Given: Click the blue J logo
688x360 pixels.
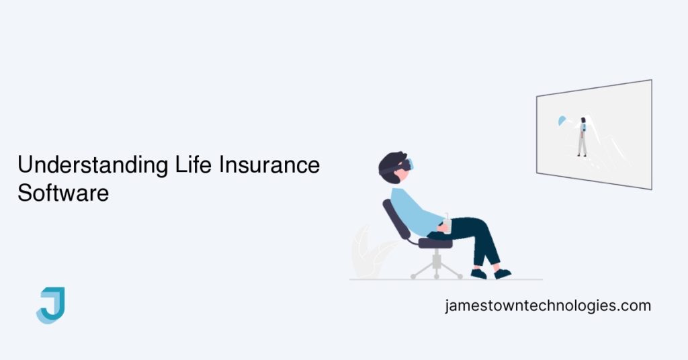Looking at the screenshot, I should click(x=50, y=305).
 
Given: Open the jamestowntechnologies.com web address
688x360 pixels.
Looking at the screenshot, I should click(x=548, y=306).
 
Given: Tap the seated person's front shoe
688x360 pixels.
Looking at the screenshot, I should click(x=503, y=273).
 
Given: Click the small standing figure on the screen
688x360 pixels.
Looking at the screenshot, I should click(x=583, y=137).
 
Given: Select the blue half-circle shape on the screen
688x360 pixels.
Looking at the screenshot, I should click(x=562, y=121).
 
